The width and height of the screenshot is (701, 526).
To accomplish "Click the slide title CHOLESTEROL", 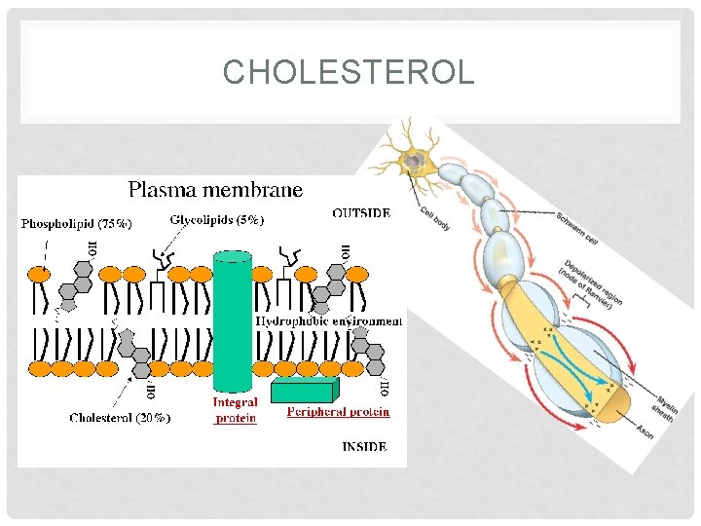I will (349, 73).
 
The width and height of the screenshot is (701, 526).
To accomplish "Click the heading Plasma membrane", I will (216, 190).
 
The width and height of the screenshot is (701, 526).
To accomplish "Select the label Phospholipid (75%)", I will (77, 222).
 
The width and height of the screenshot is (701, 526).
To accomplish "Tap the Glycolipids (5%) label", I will (216, 220).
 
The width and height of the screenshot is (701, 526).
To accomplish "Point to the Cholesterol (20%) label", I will (120, 417).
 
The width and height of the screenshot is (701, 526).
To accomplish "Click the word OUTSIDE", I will (361, 213).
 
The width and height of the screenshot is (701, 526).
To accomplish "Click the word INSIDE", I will (363, 447).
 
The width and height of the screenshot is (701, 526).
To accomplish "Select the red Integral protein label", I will (235, 410).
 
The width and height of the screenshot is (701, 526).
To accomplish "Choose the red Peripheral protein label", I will (338, 412).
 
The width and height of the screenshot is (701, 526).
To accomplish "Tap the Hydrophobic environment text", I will (328, 320).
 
